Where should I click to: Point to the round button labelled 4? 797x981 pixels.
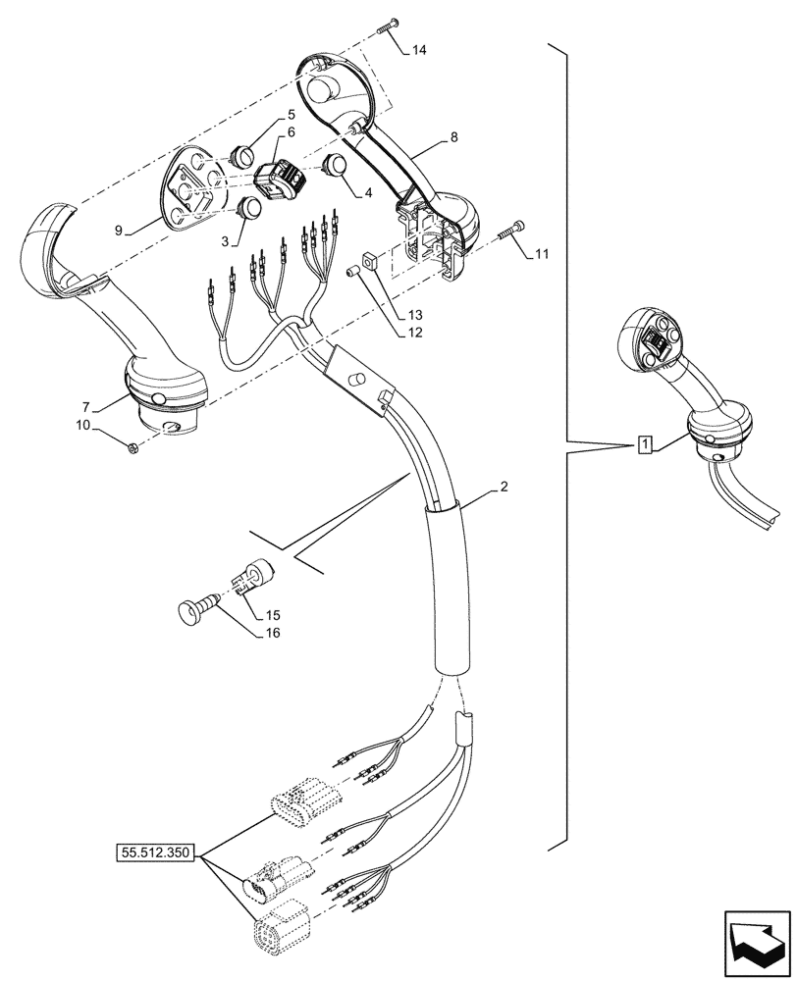336,164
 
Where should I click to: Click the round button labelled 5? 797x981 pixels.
242,154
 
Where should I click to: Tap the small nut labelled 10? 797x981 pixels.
133,448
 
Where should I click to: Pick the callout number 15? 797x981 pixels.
271,615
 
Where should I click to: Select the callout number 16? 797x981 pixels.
271,633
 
